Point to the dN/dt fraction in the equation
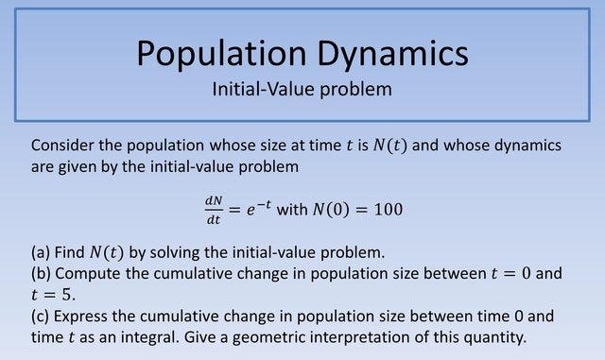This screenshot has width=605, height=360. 212,208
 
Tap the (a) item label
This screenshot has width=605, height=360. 42,252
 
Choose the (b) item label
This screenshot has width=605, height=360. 42,274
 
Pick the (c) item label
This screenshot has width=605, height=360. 42,317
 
